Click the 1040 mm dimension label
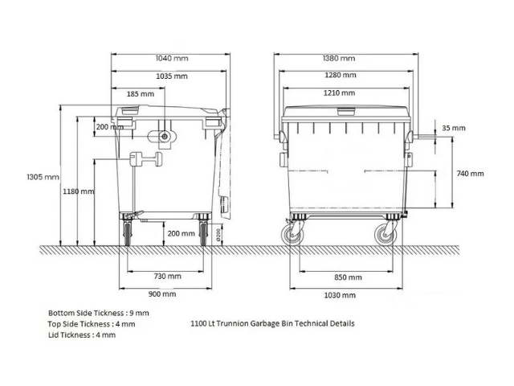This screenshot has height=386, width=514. click(x=172, y=59)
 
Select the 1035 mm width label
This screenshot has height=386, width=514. click(x=172, y=76)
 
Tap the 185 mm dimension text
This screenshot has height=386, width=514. click(x=141, y=94)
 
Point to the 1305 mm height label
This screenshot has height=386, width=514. click(x=43, y=177)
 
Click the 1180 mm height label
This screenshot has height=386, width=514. click(x=79, y=191)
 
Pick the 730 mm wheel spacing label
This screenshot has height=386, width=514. click(x=168, y=277)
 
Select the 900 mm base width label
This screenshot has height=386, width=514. click(x=162, y=294)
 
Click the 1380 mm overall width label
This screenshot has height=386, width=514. click(x=339, y=59)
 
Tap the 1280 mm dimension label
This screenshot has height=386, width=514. click(x=341, y=75)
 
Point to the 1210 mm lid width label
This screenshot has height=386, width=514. click(x=339, y=93)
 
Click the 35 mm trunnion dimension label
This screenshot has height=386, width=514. click(x=454, y=128)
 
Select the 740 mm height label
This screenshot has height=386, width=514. click(x=470, y=174)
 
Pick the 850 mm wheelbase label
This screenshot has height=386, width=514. click(x=348, y=277)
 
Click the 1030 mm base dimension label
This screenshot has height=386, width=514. click(x=340, y=295)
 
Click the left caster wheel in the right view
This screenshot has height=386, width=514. click(x=292, y=235)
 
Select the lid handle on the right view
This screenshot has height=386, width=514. click(x=346, y=112)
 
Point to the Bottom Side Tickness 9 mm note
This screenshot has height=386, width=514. click(x=98, y=313)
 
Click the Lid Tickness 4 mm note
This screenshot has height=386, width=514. click(x=82, y=335)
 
